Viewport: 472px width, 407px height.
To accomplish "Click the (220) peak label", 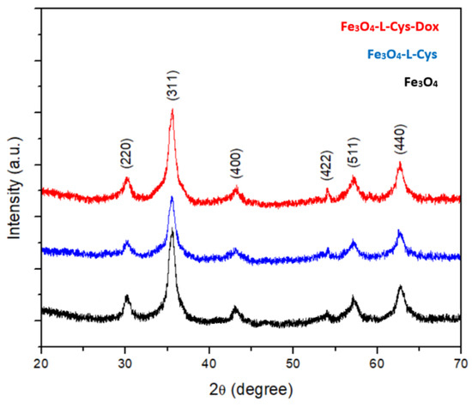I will point(126,158).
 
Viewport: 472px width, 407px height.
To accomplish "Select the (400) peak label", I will point(236,169).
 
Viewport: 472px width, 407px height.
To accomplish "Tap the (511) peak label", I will point(353,158).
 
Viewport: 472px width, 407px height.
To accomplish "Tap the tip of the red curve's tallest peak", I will point(172,110).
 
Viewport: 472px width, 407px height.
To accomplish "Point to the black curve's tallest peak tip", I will point(172,230).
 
